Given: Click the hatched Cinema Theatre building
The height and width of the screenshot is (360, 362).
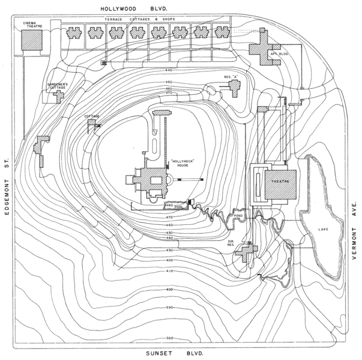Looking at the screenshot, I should [x=32, y=40].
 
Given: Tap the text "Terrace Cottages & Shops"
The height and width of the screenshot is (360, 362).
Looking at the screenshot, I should [x=140, y=19].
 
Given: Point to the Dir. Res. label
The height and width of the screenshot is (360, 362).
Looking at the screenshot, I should [x=233, y=244].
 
